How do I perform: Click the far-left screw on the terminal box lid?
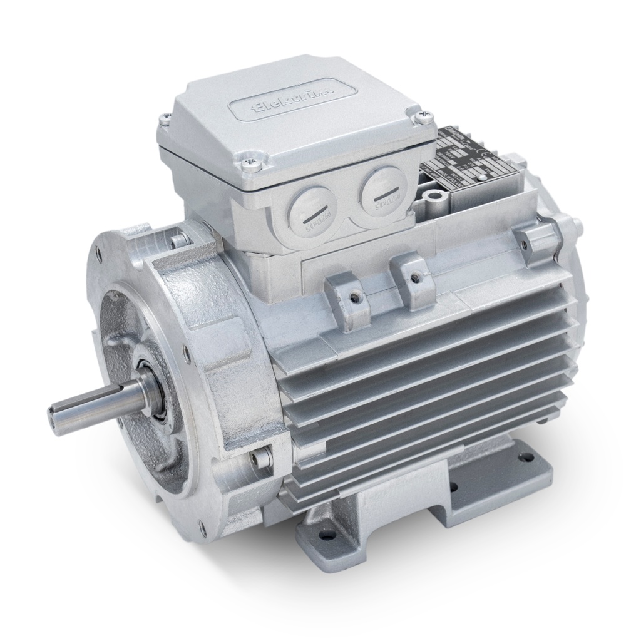(165, 116)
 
